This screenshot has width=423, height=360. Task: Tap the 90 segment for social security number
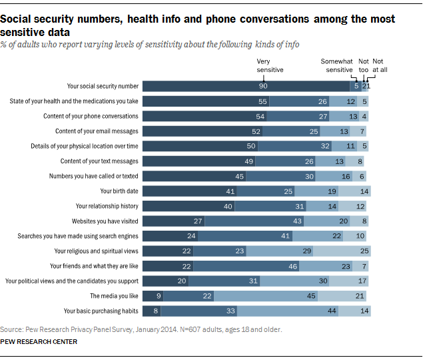(263, 86)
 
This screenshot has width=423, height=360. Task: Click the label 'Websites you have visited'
(105, 221)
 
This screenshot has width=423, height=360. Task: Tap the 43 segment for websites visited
(298, 221)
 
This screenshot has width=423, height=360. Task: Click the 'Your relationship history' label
(107, 206)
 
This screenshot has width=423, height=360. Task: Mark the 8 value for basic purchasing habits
(157, 311)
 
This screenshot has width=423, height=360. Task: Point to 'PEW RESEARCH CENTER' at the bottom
(39, 342)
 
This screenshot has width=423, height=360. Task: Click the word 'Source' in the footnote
(11, 329)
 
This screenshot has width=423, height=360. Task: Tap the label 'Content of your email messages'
(97, 131)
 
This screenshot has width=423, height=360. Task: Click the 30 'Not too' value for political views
(322, 281)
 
